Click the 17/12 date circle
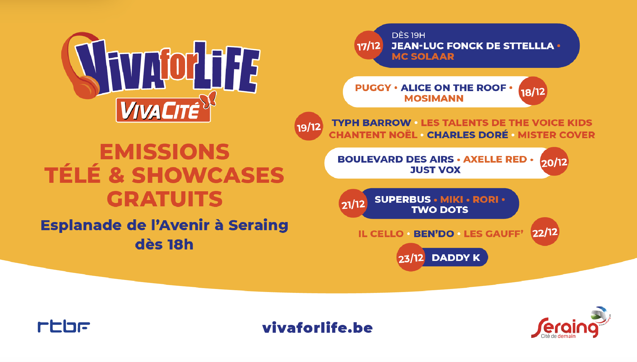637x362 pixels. (x=369, y=45)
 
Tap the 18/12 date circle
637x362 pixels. (x=533, y=91)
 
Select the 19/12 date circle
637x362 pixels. (x=309, y=126)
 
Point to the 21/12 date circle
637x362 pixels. (x=353, y=203)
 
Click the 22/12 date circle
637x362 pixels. (x=545, y=232)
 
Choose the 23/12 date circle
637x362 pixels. (x=411, y=257)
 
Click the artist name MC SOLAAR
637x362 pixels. (x=423, y=56)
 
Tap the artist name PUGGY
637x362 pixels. (x=373, y=88)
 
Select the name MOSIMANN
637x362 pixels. (x=434, y=98)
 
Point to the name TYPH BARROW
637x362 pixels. (x=371, y=123)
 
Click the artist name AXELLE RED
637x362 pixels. (x=495, y=159)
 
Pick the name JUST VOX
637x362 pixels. (x=435, y=170)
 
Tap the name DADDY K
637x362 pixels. (x=456, y=258)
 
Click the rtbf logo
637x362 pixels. (x=64, y=327)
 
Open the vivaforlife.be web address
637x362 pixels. (x=317, y=328)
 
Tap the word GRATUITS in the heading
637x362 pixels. (x=165, y=199)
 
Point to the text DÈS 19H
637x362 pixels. (x=408, y=35)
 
